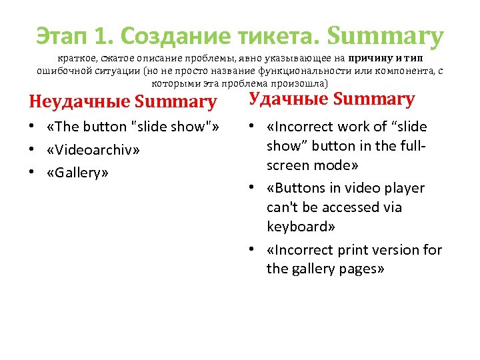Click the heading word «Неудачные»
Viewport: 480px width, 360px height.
(x=79, y=102)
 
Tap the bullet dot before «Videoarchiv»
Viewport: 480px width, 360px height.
(x=32, y=149)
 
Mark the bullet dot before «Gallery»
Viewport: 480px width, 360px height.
(x=32, y=173)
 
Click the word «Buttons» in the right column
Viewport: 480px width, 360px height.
(x=297, y=187)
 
